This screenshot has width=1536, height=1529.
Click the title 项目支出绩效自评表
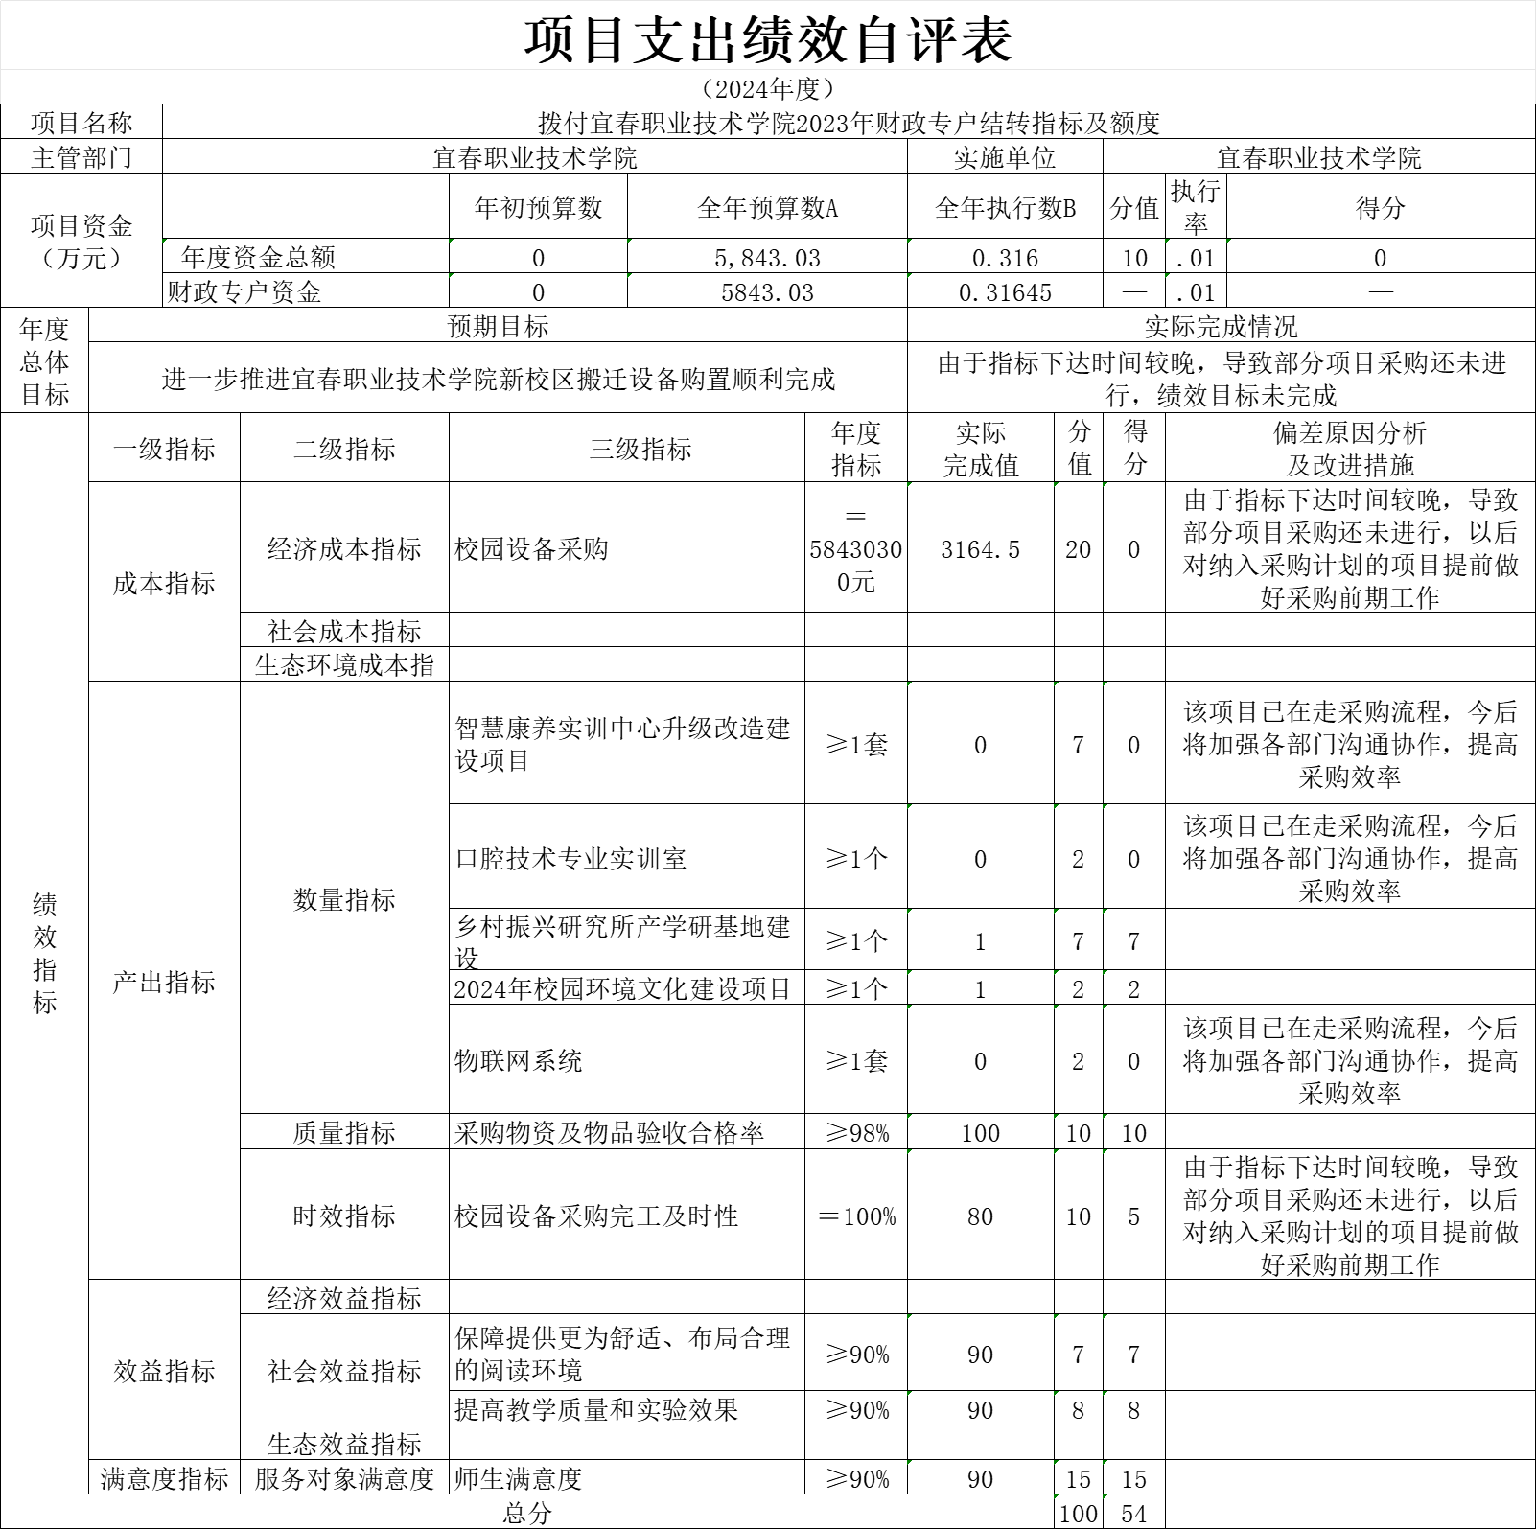[x=768, y=39]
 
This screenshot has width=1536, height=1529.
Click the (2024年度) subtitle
[x=768, y=89]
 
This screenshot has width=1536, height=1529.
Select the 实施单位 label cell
[x=1005, y=157]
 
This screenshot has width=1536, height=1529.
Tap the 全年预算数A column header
[x=768, y=207]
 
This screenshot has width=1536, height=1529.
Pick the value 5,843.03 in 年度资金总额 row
[x=768, y=258]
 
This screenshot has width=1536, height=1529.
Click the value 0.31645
[x=1005, y=292]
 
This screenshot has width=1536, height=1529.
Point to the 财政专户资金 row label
[x=244, y=292]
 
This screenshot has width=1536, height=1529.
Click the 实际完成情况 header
[x=1221, y=327]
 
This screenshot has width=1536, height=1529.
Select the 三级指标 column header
[x=640, y=449]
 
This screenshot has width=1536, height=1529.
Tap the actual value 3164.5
[x=981, y=549]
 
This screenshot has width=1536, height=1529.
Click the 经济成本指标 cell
[x=344, y=549]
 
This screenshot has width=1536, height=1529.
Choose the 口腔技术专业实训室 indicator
[x=570, y=858]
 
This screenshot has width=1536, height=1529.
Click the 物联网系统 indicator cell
[x=519, y=1060]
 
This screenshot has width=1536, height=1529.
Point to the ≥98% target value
[x=856, y=1133]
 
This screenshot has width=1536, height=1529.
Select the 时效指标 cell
[x=344, y=1216]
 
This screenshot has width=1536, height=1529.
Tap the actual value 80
[x=981, y=1216]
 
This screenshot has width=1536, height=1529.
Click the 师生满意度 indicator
[x=519, y=1478]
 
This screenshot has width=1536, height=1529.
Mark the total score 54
[x=1134, y=1514]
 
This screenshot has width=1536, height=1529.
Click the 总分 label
[x=526, y=1514]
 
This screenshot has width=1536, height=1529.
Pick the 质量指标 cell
[x=344, y=1133]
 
